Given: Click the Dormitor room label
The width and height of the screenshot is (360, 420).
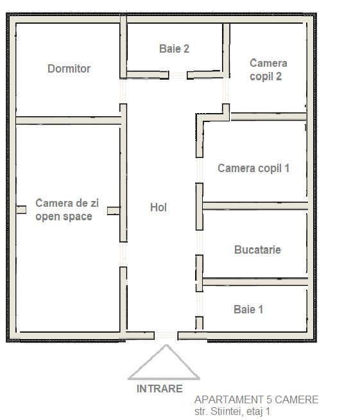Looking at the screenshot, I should click(69, 69).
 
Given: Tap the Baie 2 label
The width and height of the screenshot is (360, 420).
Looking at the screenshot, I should click(174, 48).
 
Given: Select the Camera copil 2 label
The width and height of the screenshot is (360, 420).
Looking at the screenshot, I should click(268, 69).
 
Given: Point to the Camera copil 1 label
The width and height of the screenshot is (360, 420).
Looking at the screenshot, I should click(253, 168).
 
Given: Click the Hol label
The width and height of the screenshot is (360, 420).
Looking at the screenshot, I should click(158, 207).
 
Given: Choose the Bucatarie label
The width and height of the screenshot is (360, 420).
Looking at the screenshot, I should click(257, 249).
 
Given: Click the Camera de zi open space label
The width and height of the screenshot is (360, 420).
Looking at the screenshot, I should click(67, 209).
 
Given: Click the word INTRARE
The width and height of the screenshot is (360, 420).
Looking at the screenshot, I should click(159, 389).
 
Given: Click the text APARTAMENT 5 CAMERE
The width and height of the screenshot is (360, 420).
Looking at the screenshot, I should click(256, 400).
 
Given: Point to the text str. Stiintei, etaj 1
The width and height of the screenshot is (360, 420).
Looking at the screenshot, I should click(232, 411).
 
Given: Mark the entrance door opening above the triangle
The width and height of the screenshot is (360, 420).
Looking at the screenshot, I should click(166, 335).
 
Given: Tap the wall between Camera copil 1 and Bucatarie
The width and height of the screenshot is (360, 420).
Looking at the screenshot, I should click(255, 206).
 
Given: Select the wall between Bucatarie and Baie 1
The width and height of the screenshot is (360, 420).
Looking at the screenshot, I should click(255, 281).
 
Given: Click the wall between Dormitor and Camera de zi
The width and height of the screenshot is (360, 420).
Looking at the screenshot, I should click(68, 120).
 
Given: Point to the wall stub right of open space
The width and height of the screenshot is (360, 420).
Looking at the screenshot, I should click(113, 210).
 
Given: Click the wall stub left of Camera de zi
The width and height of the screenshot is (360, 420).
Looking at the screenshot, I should click(21, 209).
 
